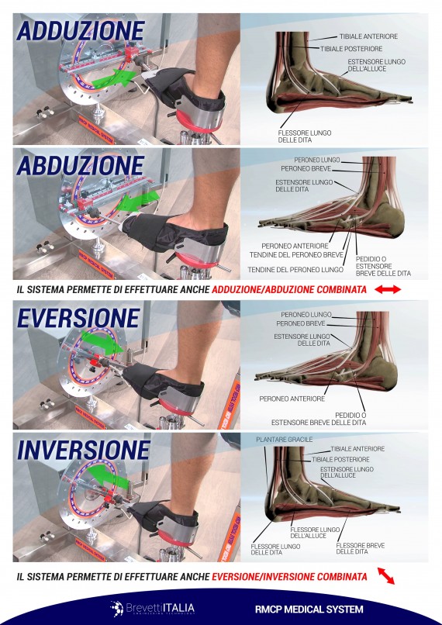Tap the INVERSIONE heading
pyautogui.click(x=83, y=451)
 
